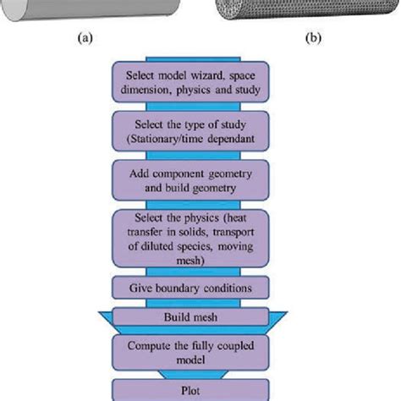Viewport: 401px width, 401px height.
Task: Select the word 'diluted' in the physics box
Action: coord(179,248)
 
